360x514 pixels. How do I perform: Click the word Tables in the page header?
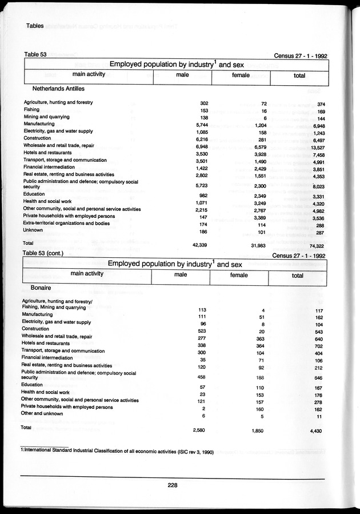tap(35, 26)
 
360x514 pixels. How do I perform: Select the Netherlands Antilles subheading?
tap(57, 89)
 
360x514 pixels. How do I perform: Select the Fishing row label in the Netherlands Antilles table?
tap(32, 109)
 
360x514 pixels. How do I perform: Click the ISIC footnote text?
tap(117, 452)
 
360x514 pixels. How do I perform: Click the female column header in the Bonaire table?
tap(239, 276)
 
